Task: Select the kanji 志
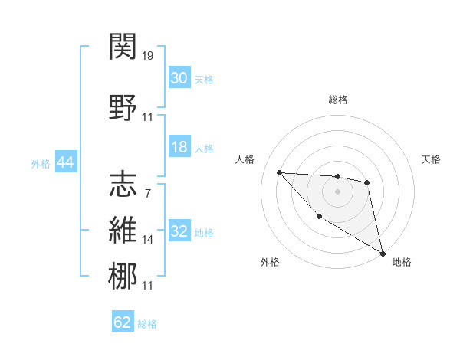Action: point(123,185)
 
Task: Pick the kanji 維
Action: point(123,231)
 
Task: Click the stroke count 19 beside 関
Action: point(149,56)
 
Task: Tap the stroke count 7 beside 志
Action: point(147,193)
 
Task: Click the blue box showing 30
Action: point(179,78)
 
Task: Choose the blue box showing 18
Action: point(179,147)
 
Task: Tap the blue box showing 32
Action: point(179,231)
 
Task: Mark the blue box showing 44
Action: point(65,162)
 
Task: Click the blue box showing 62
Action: point(123,322)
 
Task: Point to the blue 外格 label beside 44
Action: point(41,163)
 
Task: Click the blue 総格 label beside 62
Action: point(147,324)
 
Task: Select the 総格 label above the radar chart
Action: point(337,100)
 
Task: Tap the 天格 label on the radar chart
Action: point(431,159)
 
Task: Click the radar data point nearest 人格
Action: point(280,172)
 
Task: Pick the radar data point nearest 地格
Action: point(383,253)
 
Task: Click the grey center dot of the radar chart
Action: point(337,191)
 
